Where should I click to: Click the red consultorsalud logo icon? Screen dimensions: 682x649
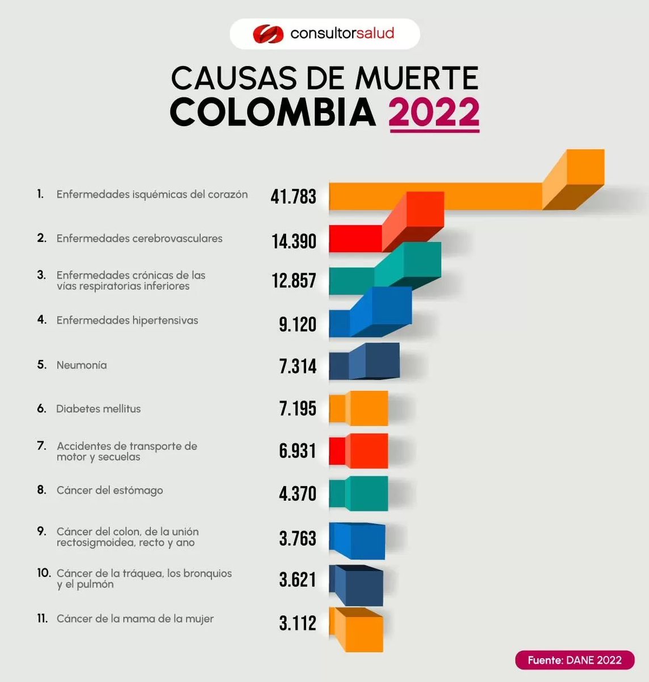click(267, 34)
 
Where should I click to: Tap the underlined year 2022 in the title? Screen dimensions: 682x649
click(434, 113)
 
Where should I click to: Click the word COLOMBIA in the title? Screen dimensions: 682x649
click(273, 112)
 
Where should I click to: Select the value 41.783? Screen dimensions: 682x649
click(294, 197)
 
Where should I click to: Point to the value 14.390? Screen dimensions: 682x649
click(294, 241)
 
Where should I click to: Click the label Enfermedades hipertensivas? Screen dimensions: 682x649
click(127, 321)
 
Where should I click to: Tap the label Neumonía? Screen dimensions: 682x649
click(81, 365)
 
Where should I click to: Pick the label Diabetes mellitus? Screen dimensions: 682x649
click(98, 409)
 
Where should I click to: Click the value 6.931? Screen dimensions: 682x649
click(297, 451)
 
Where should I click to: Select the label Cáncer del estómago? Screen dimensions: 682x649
click(110, 490)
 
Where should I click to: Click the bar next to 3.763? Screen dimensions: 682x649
click(358, 540)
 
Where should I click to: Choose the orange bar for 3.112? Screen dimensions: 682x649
click(358, 629)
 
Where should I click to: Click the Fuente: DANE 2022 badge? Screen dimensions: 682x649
click(574, 660)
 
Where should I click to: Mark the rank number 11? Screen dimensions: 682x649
click(43, 618)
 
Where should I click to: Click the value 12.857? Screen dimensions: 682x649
click(294, 281)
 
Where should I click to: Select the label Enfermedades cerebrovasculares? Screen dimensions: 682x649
click(139, 239)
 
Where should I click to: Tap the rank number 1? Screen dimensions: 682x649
click(40, 194)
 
